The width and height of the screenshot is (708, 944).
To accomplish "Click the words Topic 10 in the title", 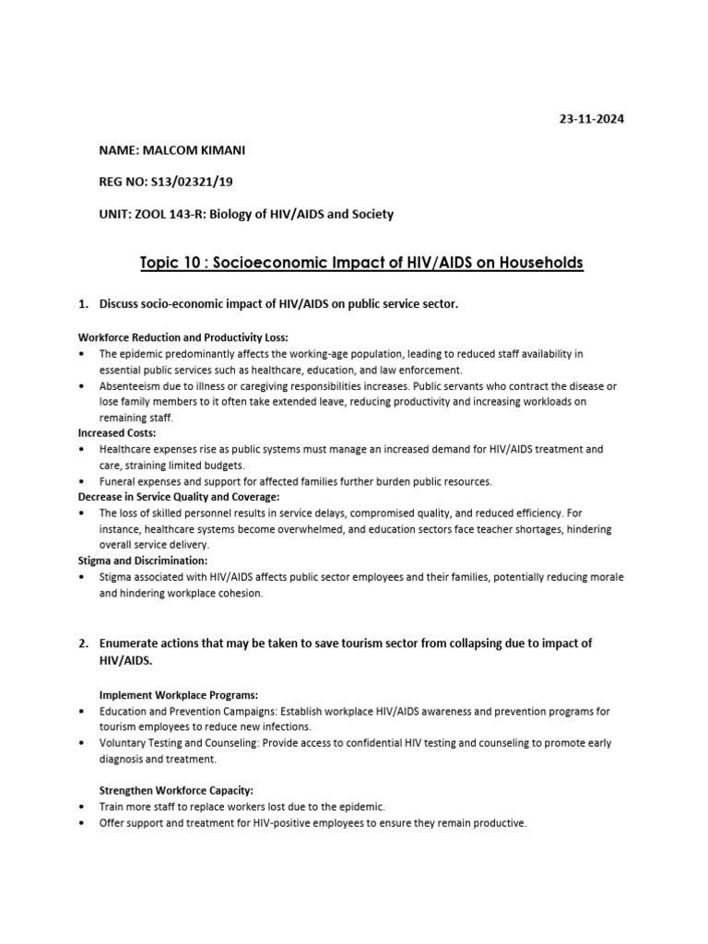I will click(x=167, y=263).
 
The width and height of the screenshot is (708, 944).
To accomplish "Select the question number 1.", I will click(x=82, y=304).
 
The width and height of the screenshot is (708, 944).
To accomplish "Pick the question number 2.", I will click(x=82, y=643).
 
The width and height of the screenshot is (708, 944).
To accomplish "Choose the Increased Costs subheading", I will click(x=117, y=432).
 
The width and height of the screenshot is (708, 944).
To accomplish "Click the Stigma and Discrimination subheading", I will click(x=142, y=560).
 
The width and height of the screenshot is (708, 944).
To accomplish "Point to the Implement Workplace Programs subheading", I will click(x=179, y=694).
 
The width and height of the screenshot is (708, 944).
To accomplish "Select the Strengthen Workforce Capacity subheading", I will click(x=175, y=790).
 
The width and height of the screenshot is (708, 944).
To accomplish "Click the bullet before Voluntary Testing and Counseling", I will click(x=82, y=743).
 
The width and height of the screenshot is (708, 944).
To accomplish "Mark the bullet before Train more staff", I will click(x=82, y=807).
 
